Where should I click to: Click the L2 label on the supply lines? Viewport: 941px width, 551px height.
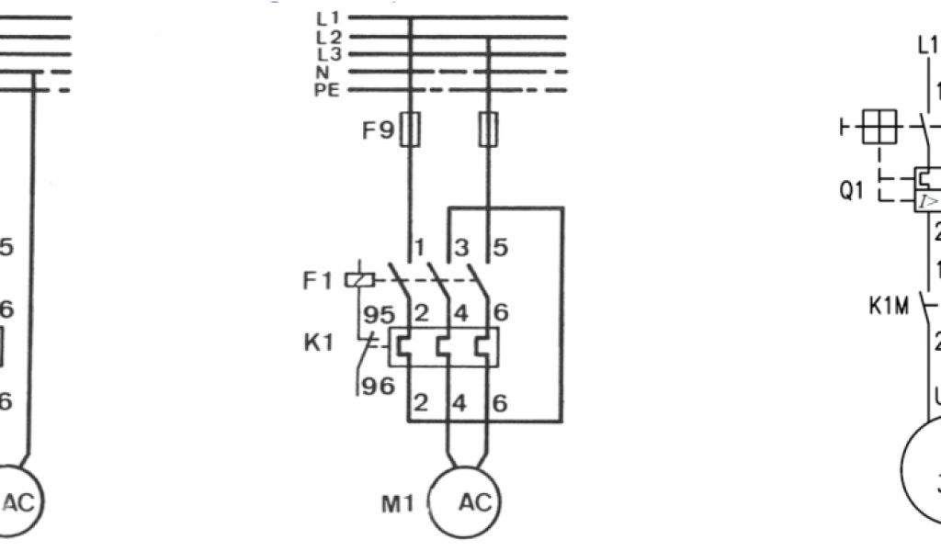coord(328,37)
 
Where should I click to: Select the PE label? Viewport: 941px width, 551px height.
coord(326,90)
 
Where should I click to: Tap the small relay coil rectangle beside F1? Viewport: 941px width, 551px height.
coord(358,279)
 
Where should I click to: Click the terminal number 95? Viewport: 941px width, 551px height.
coord(376,314)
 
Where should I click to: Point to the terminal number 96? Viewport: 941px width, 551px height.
coord(377,387)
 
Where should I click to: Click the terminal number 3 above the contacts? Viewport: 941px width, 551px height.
coord(461,248)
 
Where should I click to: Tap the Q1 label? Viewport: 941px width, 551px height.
coord(854,192)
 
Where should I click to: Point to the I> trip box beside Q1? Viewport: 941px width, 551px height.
coord(928,202)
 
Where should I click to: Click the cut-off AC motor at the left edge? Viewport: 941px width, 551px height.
coord(17,501)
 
